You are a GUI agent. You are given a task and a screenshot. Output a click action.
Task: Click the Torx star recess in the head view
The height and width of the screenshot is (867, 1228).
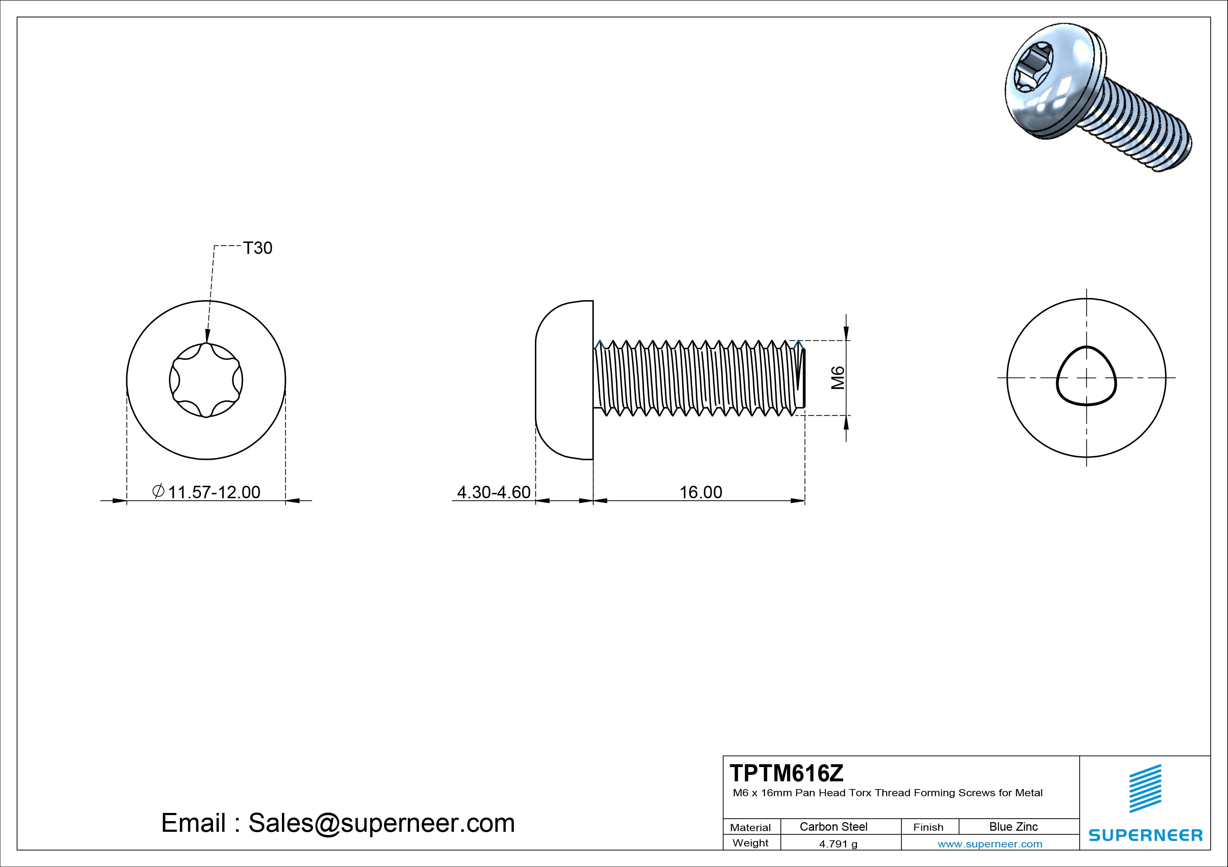pos(206,380)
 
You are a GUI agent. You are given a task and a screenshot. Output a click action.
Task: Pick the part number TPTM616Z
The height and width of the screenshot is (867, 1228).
pos(786,773)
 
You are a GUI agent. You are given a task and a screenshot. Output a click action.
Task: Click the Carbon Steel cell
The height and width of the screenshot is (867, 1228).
pos(833,826)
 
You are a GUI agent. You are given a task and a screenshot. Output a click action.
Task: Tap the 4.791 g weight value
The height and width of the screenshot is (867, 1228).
pos(838,844)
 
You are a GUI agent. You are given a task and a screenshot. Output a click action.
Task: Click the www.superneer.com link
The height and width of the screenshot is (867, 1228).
pos(989,844)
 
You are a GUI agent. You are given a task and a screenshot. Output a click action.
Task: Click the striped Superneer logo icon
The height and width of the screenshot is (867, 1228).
pos(1145,788)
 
